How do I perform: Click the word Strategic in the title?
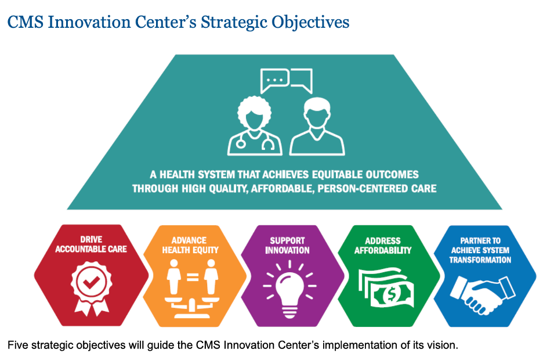234,23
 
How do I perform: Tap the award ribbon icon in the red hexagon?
92,288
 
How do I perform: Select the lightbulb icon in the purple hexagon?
290,290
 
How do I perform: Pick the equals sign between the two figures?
193,277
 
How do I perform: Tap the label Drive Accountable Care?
91,244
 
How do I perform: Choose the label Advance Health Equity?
190,245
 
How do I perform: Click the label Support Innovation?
287,245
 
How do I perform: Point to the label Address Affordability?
383,245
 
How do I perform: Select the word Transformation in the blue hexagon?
480,260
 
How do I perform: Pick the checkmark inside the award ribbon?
91,283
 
